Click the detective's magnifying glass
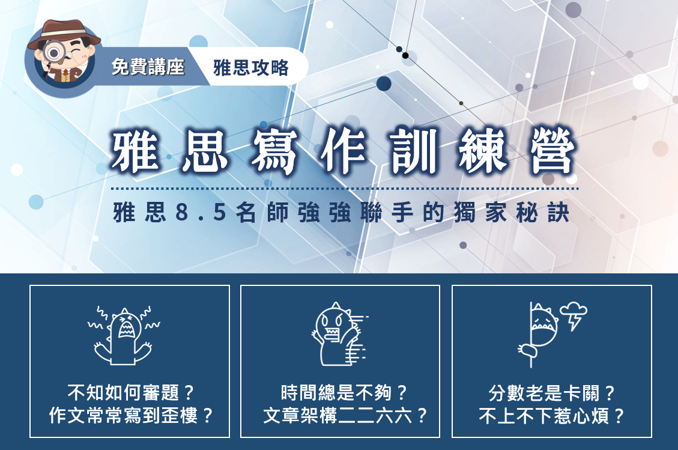[53, 54]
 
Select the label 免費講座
[148, 67]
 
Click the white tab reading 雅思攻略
[251, 67]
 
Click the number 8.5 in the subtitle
[201, 213]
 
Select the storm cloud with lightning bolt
[574, 316]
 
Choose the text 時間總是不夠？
[344, 393]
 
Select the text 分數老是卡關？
[552, 393]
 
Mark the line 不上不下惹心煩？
[552, 415]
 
